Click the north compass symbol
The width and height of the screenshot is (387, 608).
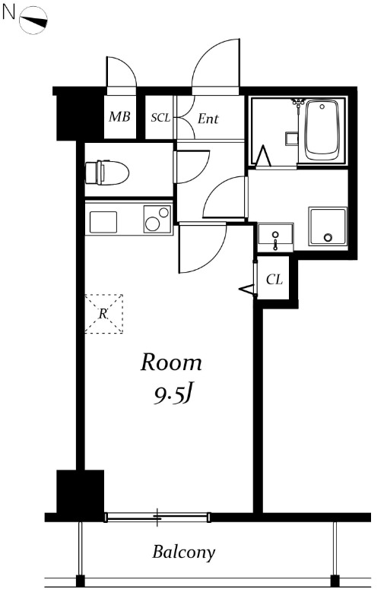33,21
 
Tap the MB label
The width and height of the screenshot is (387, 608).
119,116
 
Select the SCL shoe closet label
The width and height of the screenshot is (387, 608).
160,118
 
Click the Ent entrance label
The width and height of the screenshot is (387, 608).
208,119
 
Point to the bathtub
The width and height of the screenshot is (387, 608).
322,130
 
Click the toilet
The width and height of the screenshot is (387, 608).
106,173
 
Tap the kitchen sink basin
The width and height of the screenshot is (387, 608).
103,222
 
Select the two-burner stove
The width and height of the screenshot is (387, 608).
157,219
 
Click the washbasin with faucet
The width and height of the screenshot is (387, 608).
275,238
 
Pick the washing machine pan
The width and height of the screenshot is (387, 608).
328,226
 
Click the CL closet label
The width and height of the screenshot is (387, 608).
274,279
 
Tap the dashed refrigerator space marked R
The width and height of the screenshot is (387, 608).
103,314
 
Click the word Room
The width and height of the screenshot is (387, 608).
171,363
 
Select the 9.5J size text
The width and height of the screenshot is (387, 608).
173,394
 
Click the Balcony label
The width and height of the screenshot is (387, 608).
183,553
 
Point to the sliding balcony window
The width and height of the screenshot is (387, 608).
157,517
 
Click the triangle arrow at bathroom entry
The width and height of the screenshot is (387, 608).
264,155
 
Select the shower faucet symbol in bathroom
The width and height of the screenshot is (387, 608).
298,103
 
